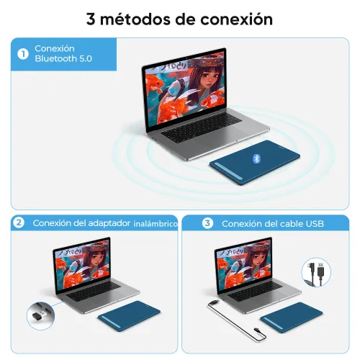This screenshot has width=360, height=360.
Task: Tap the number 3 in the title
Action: point(91,19)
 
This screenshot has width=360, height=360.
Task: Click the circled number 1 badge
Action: point(22,53)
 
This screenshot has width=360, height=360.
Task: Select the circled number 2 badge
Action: point(19,223)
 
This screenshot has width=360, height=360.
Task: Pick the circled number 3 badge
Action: point(207,223)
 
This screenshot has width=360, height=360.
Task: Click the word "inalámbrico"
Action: point(155,224)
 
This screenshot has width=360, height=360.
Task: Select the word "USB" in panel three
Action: point(315,224)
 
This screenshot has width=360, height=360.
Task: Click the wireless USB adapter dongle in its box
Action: point(38,312)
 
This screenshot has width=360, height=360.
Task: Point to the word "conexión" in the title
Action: point(235,19)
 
